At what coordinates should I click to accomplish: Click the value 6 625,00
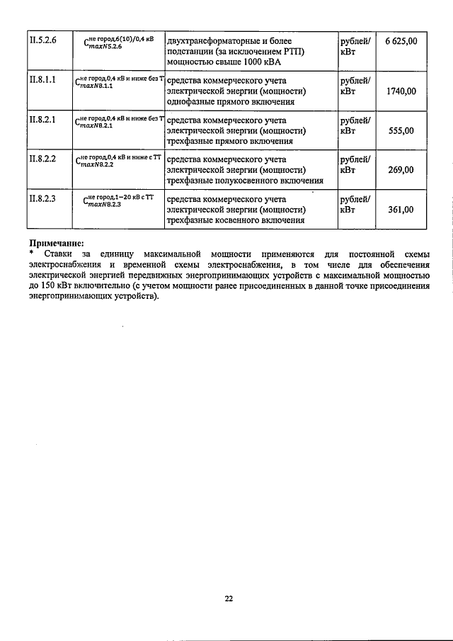(x=401, y=42)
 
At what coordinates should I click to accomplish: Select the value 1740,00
(x=401, y=91)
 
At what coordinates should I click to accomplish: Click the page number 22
(x=229, y=599)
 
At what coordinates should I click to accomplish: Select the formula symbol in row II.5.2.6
(x=116, y=43)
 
